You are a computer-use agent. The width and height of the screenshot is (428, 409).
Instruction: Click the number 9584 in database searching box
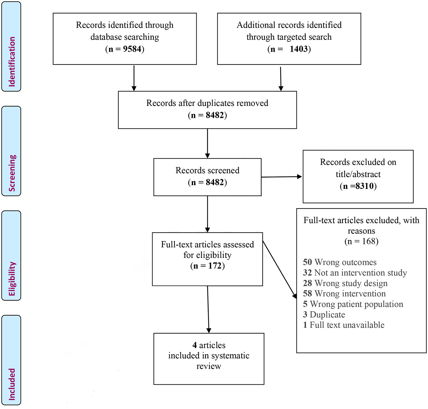pyautogui.click(x=132, y=49)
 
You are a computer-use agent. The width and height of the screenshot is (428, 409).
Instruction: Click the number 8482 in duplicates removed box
pyautogui.click(x=215, y=115)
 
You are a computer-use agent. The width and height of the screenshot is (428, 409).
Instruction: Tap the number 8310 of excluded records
pyautogui.click(x=365, y=186)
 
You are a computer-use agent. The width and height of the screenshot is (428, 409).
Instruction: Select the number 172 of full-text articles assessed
pyautogui.click(x=215, y=266)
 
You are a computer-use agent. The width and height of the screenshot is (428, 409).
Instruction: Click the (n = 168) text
pyautogui.click(x=361, y=241)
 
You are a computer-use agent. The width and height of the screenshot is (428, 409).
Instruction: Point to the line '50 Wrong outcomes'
pyautogui.click(x=340, y=262)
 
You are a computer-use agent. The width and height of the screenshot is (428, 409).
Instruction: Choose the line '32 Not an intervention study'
pyautogui.click(x=355, y=273)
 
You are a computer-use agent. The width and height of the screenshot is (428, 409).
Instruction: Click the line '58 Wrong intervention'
pyautogui.click(x=344, y=294)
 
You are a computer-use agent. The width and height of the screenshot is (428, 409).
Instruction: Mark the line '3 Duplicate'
pyautogui.click(x=324, y=315)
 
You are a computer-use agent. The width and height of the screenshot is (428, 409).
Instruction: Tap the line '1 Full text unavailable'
pyautogui.click(x=344, y=325)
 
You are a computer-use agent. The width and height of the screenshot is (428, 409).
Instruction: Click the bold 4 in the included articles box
pyautogui.click(x=195, y=345)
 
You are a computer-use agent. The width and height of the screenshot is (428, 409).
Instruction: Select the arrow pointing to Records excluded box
pyautogui.click(x=282, y=177)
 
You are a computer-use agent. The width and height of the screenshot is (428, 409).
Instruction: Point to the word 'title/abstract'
pyautogui.click(x=358, y=174)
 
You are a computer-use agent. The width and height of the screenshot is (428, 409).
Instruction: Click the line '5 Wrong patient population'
pyautogui.click(x=353, y=304)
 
